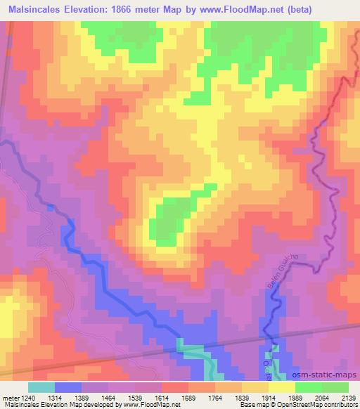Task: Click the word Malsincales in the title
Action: pos(36,9)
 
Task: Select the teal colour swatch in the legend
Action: pos(41,387)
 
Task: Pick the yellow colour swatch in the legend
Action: pos(282,387)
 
